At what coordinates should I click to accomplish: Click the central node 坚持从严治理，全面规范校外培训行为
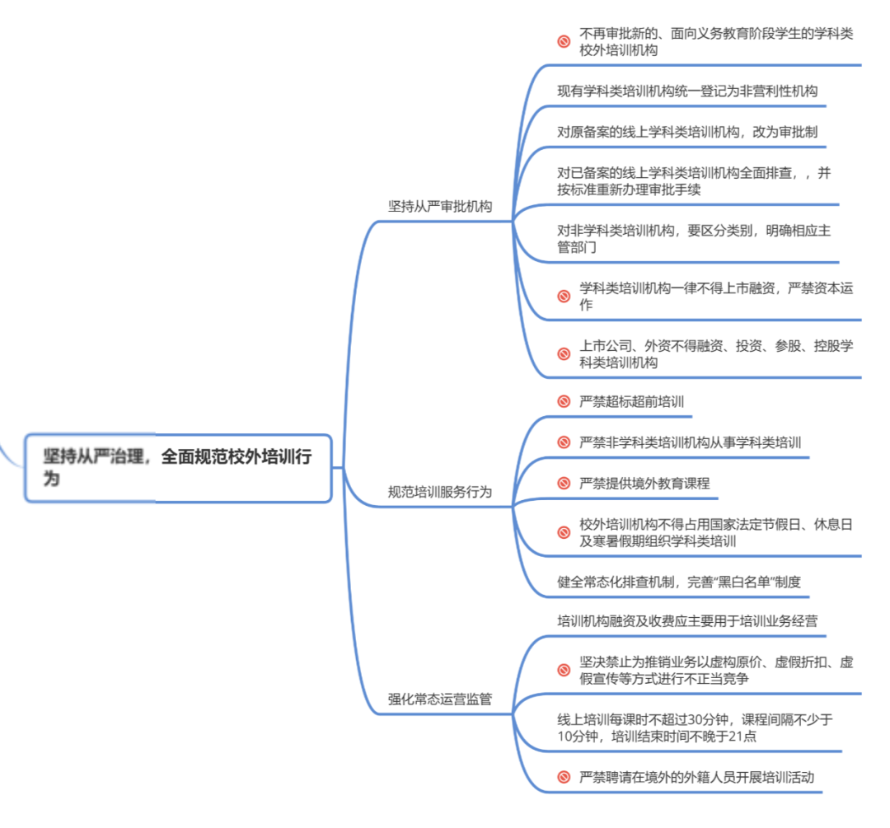(177, 467)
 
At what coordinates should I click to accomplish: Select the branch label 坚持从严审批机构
(440, 206)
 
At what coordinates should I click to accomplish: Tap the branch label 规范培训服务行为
(440, 493)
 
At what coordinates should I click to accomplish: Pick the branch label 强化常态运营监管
(440, 699)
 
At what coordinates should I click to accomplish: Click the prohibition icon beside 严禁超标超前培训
(564, 402)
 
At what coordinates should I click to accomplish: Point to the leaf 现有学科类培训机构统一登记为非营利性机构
(687, 91)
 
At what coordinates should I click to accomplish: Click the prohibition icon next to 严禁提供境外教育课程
(564, 484)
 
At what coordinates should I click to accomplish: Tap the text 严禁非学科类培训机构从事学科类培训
(690, 442)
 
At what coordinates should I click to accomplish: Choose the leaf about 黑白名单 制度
(679, 582)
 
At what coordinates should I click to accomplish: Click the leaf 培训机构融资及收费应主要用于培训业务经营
(687, 620)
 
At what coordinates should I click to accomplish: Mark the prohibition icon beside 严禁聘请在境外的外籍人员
(564, 777)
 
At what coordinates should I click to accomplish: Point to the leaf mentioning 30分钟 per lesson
(695, 727)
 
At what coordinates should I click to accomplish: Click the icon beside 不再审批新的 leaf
(564, 41)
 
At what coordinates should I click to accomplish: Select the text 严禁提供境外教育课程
(644, 484)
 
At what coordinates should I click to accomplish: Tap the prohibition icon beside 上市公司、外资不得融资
(564, 353)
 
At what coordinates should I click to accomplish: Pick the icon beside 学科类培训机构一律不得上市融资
(564, 296)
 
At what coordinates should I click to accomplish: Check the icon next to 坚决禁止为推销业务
(564, 669)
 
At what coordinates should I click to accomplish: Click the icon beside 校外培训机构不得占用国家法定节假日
(564, 532)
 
